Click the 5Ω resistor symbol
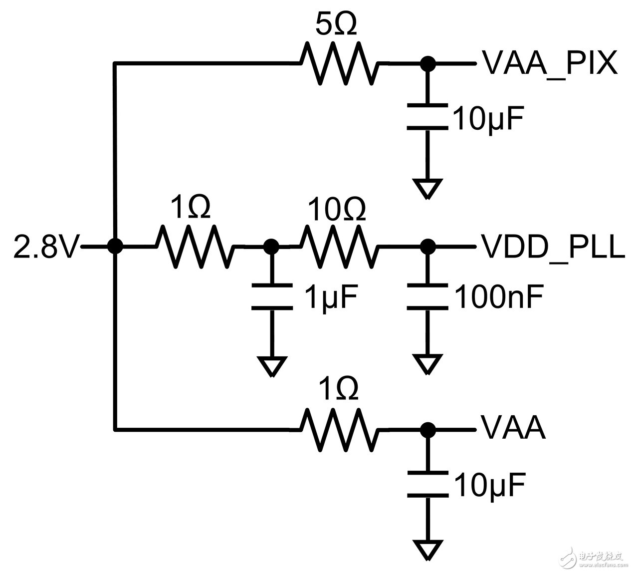click(338, 63)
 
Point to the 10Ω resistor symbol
click(338, 246)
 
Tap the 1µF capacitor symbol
click(272, 296)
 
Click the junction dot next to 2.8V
click(115, 246)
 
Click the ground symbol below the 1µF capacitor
click(272, 366)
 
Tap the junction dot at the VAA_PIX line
click(427, 63)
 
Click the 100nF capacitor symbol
click(427, 297)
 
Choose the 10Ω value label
click(337, 209)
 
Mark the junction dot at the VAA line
click(427, 429)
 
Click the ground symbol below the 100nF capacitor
click(427, 364)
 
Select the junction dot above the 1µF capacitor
click(271, 246)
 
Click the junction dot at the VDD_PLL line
click(427, 246)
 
